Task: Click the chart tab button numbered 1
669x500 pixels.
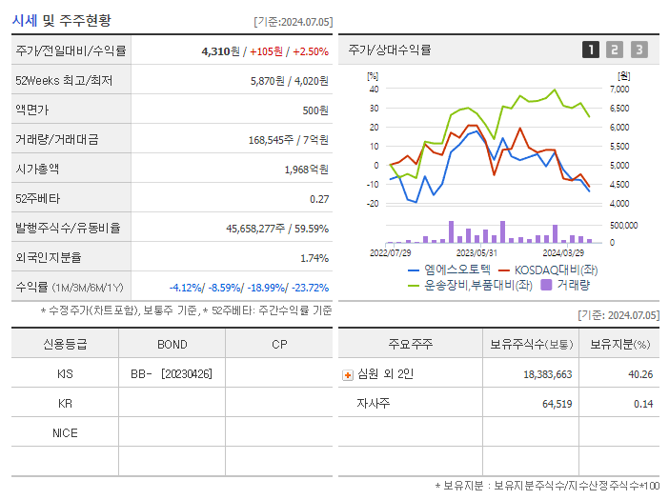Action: click(x=591, y=50)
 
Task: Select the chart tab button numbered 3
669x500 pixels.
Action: click(x=639, y=50)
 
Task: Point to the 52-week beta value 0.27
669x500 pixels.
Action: click(x=319, y=199)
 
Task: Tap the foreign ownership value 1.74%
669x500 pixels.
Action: click(x=314, y=258)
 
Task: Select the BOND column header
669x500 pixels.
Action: click(x=172, y=344)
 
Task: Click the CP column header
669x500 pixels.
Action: click(x=278, y=344)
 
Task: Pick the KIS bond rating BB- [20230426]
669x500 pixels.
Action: click(x=172, y=374)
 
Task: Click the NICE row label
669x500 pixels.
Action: click(x=64, y=433)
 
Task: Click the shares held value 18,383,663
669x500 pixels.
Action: click(x=547, y=375)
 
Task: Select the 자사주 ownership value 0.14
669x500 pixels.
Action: click(x=642, y=404)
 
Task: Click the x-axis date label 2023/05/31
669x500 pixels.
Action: click(x=477, y=253)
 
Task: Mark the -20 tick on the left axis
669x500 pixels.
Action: click(x=374, y=203)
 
